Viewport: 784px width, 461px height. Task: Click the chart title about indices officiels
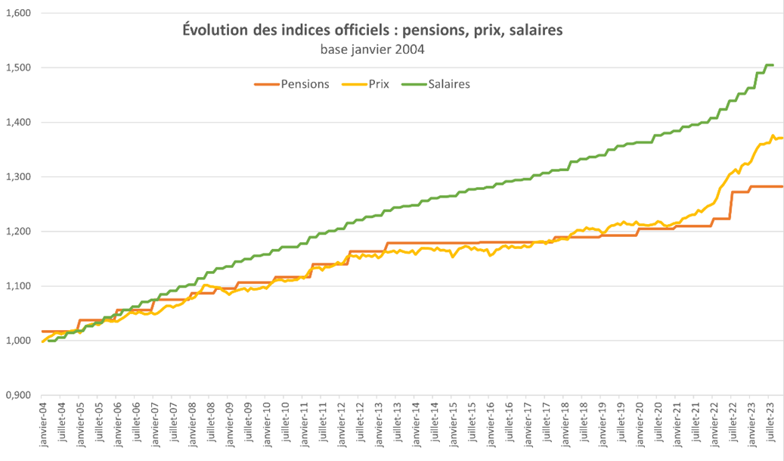(x=372, y=30)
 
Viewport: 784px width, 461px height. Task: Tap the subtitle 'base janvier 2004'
(x=372, y=50)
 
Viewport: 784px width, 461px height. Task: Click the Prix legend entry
(x=379, y=84)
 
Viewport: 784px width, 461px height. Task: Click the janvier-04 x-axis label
(x=42, y=428)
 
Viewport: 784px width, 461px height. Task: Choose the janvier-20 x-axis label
(x=639, y=428)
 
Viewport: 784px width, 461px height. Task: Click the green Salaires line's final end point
(x=772, y=65)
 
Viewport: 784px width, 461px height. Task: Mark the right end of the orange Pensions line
(x=781, y=186)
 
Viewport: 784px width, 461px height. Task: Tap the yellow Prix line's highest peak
(x=773, y=136)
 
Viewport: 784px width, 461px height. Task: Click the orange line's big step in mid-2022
(x=732, y=204)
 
